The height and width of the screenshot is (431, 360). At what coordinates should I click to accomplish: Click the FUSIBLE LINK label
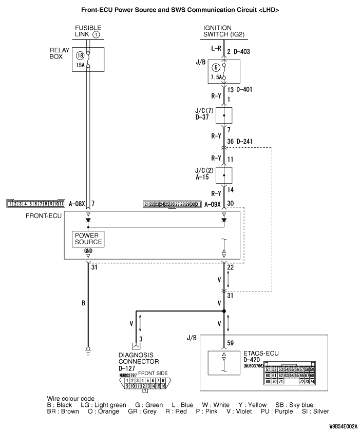[88, 31]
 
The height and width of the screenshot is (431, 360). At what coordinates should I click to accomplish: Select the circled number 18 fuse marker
[80, 55]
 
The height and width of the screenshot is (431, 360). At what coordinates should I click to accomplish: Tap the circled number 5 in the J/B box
[215, 67]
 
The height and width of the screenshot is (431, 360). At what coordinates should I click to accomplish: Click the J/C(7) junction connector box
[224, 115]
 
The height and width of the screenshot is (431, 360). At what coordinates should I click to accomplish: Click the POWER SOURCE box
[88, 238]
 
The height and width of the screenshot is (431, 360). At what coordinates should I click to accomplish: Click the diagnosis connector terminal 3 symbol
[136, 346]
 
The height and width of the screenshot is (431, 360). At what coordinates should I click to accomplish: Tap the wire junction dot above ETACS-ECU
[224, 311]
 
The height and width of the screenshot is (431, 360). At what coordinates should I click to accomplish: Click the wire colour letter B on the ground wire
[83, 303]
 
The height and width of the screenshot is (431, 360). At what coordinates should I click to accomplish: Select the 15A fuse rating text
[80, 65]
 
